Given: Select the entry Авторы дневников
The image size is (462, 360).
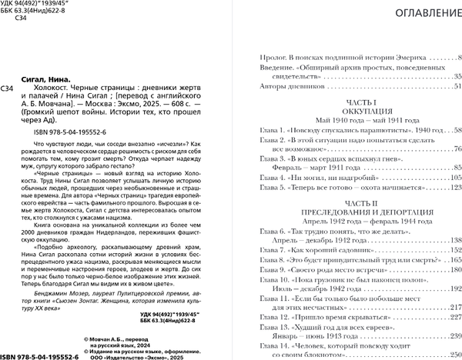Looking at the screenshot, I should pyautogui.click(x=286, y=87).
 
